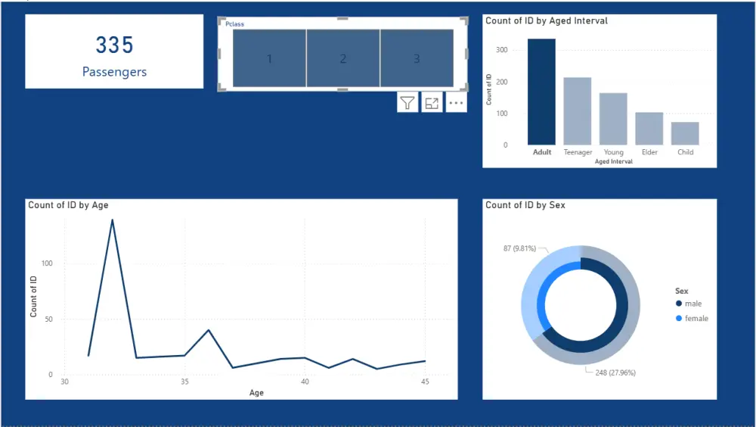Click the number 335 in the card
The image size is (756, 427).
tap(114, 45)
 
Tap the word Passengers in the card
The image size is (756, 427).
tap(114, 73)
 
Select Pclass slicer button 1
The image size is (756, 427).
tap(269, 58)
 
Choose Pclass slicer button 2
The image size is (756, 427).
tap(342, 58)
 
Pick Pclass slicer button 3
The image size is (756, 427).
tap(417, 58)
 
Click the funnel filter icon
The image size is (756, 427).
tap(407, 103)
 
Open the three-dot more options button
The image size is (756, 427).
tap(456, 103)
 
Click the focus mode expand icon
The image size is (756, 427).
tap(432, 103)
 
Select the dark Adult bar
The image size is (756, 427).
tap(541, 92)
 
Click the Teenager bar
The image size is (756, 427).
tap(578, 111)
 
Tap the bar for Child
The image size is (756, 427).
tap(685, 133)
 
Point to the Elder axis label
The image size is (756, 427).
tap(649, 152)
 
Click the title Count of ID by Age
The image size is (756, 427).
tap(69, 205)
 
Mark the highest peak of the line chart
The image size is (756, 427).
tap(113, 220)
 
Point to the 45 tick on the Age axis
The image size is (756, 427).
tap(425, 382)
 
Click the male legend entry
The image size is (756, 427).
tap(692, 304)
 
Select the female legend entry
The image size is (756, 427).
tap(696, 319)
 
